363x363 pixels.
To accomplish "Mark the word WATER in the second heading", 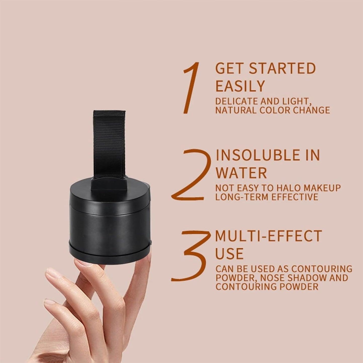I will pyautogui.click(x=241, y=173).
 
